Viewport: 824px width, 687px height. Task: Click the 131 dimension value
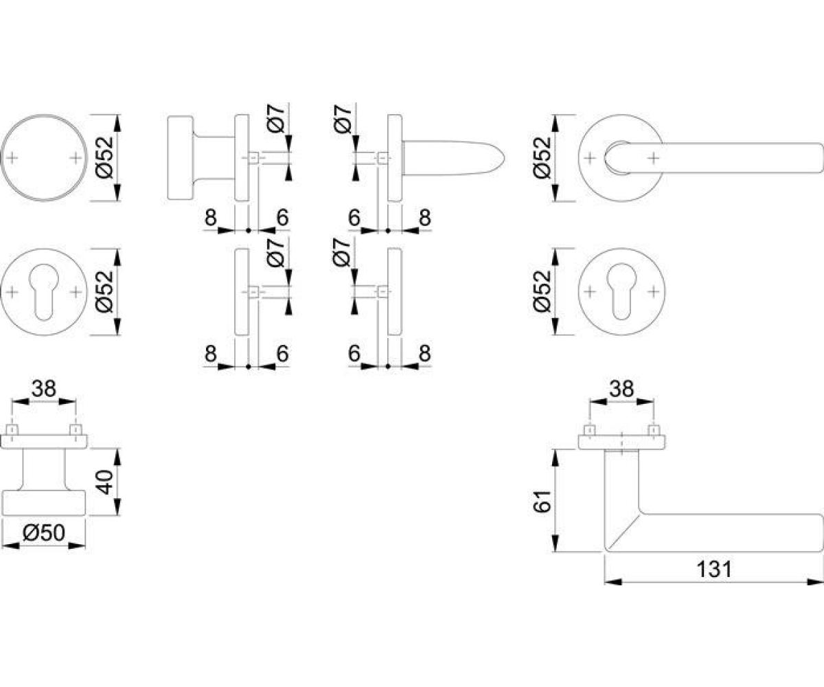[x=714, y=570]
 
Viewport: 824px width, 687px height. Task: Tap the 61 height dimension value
[x=542, y=502]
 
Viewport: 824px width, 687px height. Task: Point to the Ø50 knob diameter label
[x=43, y=533]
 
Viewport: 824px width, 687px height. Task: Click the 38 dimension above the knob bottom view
[x=44, y=389]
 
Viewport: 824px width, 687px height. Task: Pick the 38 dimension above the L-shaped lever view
[x=621, y=389]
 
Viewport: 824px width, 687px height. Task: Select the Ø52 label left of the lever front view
[x=542, y=157]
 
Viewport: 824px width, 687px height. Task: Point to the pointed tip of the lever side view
[x=505, y=158]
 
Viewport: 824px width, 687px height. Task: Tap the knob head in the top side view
[x=181, y=157]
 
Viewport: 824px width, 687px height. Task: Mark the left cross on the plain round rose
[x=12, y=158]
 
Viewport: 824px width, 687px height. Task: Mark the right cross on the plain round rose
[x=76, y=158]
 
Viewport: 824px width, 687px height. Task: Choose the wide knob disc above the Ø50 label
[x=43, y=503]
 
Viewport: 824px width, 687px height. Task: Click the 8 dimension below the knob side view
[x=211, y=217]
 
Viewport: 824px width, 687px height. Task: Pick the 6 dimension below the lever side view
[x=354, y=217]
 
